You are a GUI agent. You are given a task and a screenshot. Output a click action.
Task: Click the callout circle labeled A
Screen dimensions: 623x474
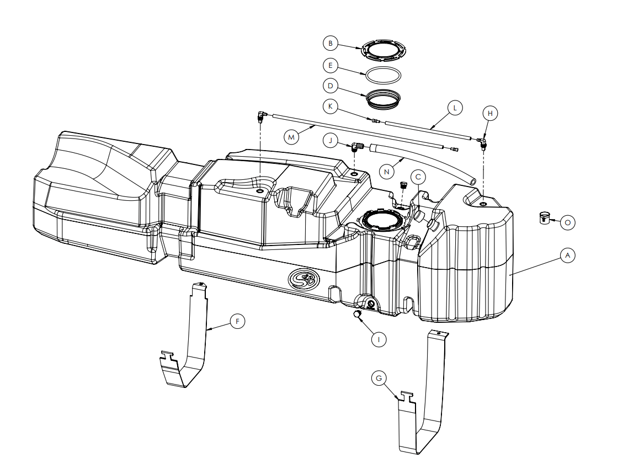[x=567, y=255]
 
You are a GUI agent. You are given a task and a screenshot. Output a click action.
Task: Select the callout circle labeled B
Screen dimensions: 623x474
[x=330, y=43]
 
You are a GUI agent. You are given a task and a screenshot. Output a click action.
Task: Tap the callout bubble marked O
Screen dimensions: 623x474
[x=567, y=222]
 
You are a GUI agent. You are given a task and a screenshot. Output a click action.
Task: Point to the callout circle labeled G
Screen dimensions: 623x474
[x=379, y=378]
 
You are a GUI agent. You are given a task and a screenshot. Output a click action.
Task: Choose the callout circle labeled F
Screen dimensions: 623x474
[x=238, y=321]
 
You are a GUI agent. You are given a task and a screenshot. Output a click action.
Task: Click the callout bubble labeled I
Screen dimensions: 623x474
[x=379, y=340]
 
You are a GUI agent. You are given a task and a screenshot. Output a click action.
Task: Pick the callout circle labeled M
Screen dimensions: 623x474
[x=291, y=137]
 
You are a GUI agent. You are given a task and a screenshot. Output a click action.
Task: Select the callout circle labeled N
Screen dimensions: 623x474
[x=387, y=172]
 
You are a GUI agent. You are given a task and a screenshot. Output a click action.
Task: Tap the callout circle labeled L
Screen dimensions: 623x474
[x=455, y=108]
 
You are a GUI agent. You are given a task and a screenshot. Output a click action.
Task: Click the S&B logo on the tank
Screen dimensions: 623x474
[x=304, y=279]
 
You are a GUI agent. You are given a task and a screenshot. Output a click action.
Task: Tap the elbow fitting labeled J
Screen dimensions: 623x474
[x=357, y=147]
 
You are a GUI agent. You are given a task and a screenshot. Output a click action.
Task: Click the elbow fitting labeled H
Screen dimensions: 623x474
[x=482, y=142]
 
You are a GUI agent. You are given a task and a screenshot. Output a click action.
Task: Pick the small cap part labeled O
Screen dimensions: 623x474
[x=544, y=218]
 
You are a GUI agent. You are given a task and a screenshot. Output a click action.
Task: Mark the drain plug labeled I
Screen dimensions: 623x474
[x=357, y=315]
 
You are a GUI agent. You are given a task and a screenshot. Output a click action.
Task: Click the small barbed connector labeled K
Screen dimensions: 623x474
[x=375, y=120]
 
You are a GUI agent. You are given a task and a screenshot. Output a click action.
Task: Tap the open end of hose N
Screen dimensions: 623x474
[x=472, y=181]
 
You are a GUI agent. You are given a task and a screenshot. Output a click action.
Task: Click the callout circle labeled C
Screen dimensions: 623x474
[x=418, y=177]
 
